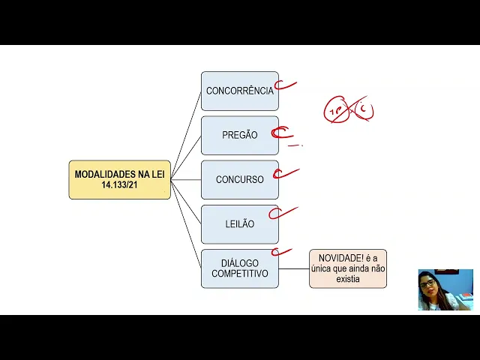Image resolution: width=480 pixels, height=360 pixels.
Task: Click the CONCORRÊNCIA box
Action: pyautogui.click(x=239, y=91)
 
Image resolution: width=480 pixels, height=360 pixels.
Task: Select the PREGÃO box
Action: pyautogui.click(x=239, y=135)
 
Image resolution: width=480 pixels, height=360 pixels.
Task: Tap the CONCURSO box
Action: pyautogui.click(x=239, y=180)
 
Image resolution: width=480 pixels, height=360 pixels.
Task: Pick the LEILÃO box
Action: pyautogui.click(x=239, y=224)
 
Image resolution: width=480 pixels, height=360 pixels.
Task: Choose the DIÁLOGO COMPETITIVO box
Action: pyautogui.click(x=239, y=268)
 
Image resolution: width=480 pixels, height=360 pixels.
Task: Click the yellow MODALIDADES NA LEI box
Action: pyautogui.click(x=119, y=179)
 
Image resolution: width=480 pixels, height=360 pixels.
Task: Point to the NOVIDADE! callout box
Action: pyautogui.click(x=347, y=268)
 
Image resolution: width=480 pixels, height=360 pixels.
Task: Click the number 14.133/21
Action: pyautogui.click(x=119, y=184)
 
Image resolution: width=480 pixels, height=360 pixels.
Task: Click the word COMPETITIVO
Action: pyautogui.click(x=239, y=274)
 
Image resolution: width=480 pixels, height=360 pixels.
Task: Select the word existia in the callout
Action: pyautogui.click(x=348, y=279)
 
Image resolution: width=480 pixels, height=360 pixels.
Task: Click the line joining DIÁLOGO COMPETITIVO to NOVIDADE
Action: pyautogui.click(x=293, y=268)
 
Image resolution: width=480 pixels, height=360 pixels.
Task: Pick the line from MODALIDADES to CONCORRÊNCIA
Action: pyautogui.click(x=186, y=135)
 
